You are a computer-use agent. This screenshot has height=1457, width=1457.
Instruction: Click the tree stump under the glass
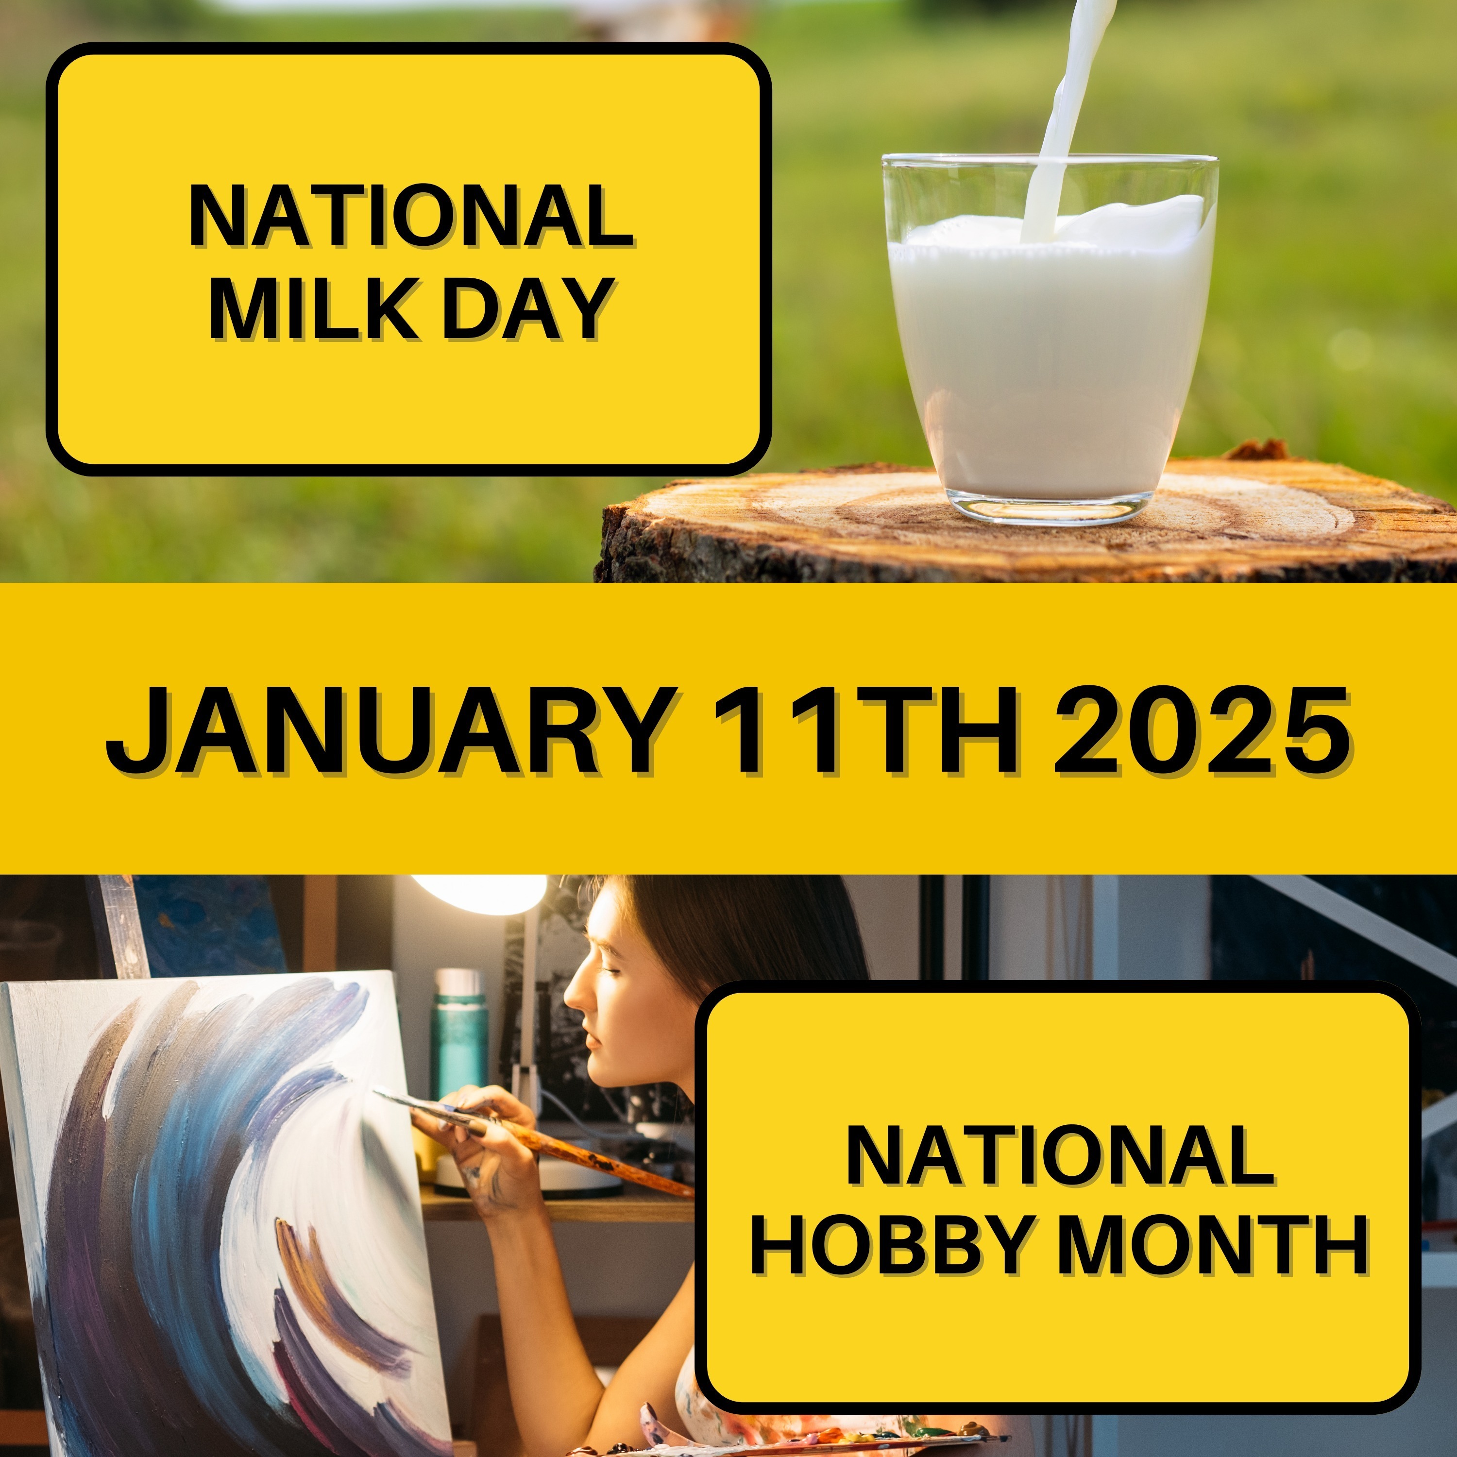[x=1026, y=520]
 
